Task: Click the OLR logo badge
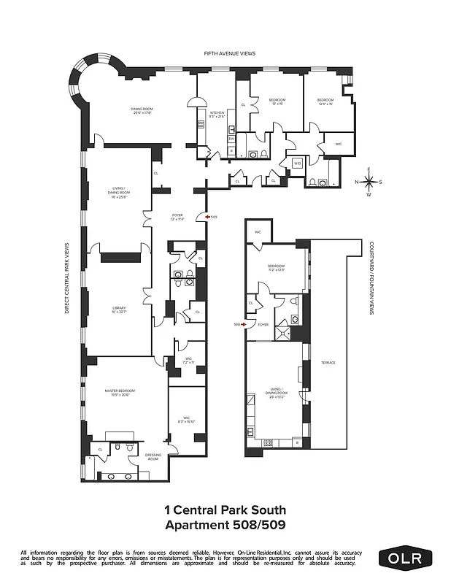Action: [405, 558]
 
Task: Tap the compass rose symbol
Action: [369, 182]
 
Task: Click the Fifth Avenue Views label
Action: [225, 54]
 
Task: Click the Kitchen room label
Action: [217, 114]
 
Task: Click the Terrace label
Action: [329, 363]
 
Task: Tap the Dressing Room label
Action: [153, 456]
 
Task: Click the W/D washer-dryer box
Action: [297, 163]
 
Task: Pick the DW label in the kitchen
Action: [231, 138]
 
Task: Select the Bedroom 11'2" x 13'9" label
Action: [277, 268]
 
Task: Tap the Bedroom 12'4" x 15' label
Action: [325, 101]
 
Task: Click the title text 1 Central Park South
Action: [225, 510]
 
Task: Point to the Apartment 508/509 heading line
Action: [225, 524]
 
